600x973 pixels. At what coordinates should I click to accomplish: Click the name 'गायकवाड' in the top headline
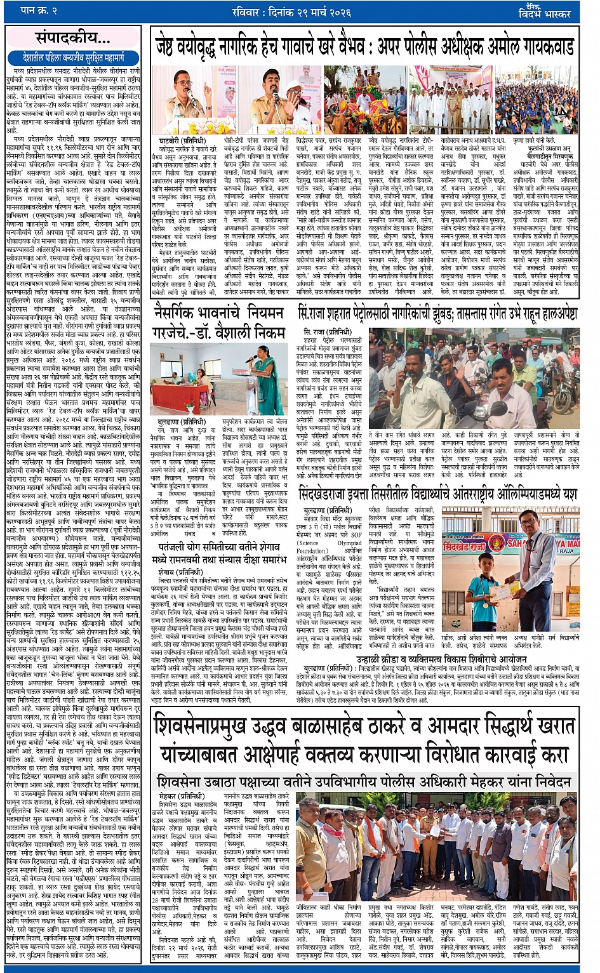pyautogui.click(x=540, y=46)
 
